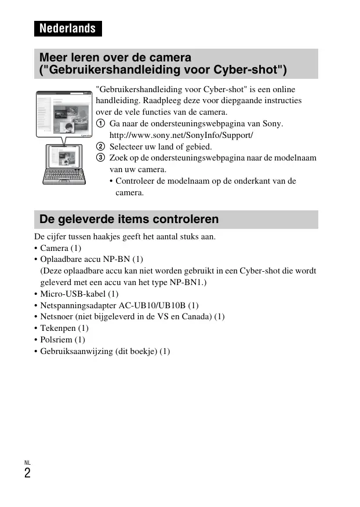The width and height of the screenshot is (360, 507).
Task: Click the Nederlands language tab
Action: point(67,28)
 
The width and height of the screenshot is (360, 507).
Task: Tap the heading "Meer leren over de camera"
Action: point(115,58)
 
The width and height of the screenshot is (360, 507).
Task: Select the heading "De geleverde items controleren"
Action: point(129,219)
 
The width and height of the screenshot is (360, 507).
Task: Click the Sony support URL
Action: point(181,135)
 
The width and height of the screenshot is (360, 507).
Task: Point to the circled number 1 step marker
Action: point(100,124)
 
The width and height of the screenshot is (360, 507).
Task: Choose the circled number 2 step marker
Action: point(100,147)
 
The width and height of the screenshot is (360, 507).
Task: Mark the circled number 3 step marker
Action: point(100,158)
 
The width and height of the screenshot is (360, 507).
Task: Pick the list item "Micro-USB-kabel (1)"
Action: point(79,294)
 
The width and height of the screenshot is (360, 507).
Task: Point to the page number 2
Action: point(27,473)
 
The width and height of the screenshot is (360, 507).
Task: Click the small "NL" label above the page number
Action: point(27,462)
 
